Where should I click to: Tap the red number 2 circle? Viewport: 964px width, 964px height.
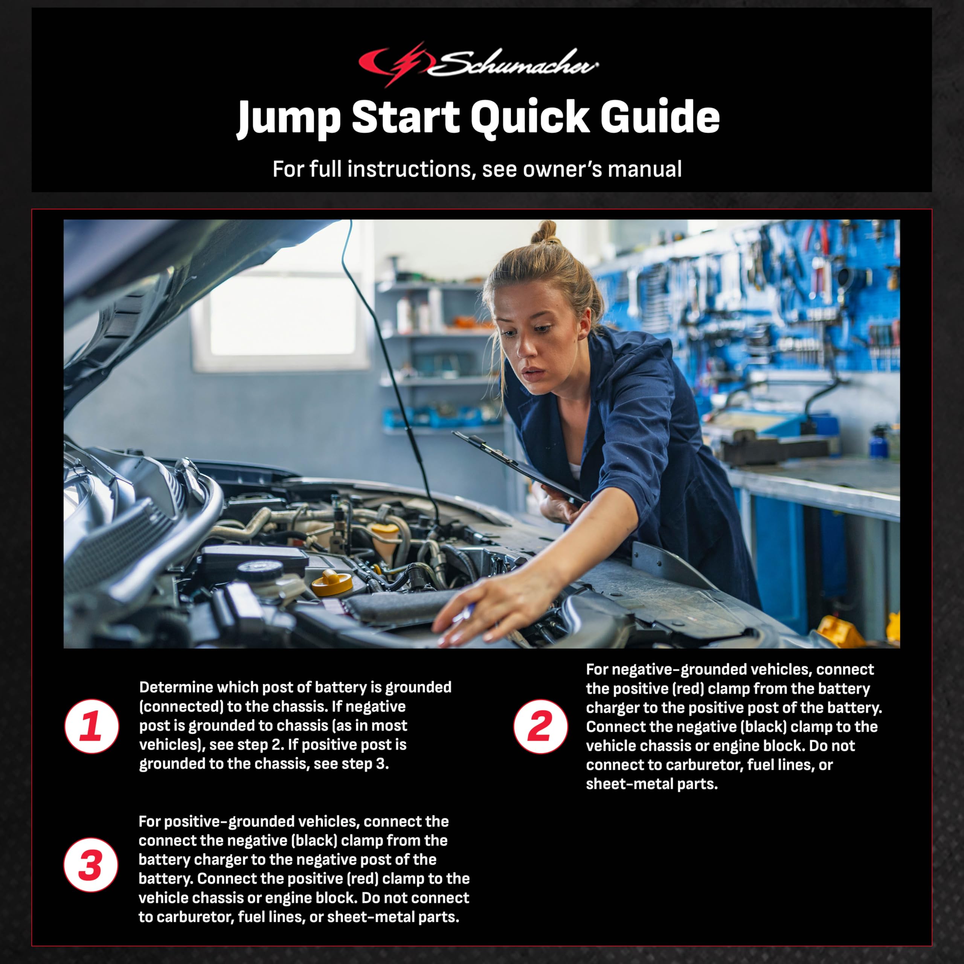point(540,726)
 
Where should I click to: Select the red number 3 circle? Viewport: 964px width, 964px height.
point(91,865)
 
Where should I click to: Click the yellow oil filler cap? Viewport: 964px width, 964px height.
point(332,583)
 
